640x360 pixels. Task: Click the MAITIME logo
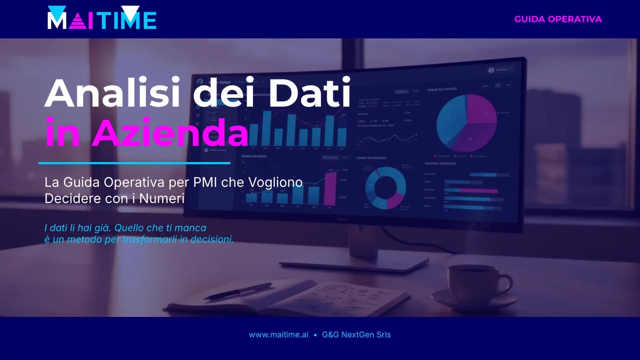click(x=102, y=18)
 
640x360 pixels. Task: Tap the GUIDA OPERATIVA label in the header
click(x=558, y=19)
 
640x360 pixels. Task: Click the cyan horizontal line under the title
click(x=134, y=163)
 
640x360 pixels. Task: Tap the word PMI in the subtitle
click(x=205, y=183)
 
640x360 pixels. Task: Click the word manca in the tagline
click(x=190, y=228)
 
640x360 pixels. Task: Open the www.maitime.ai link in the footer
click(x=279, y=335)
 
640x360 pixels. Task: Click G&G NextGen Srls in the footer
click(x=356, y=335)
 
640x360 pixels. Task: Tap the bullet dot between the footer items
click(x=315, y=335)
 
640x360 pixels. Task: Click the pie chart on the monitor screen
click(x=466, y=123)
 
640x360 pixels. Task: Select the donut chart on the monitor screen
click(x=386, y=188)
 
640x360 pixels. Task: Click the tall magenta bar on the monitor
click(x=330, y=189)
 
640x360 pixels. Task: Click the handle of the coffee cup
click(x=506, y=282)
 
